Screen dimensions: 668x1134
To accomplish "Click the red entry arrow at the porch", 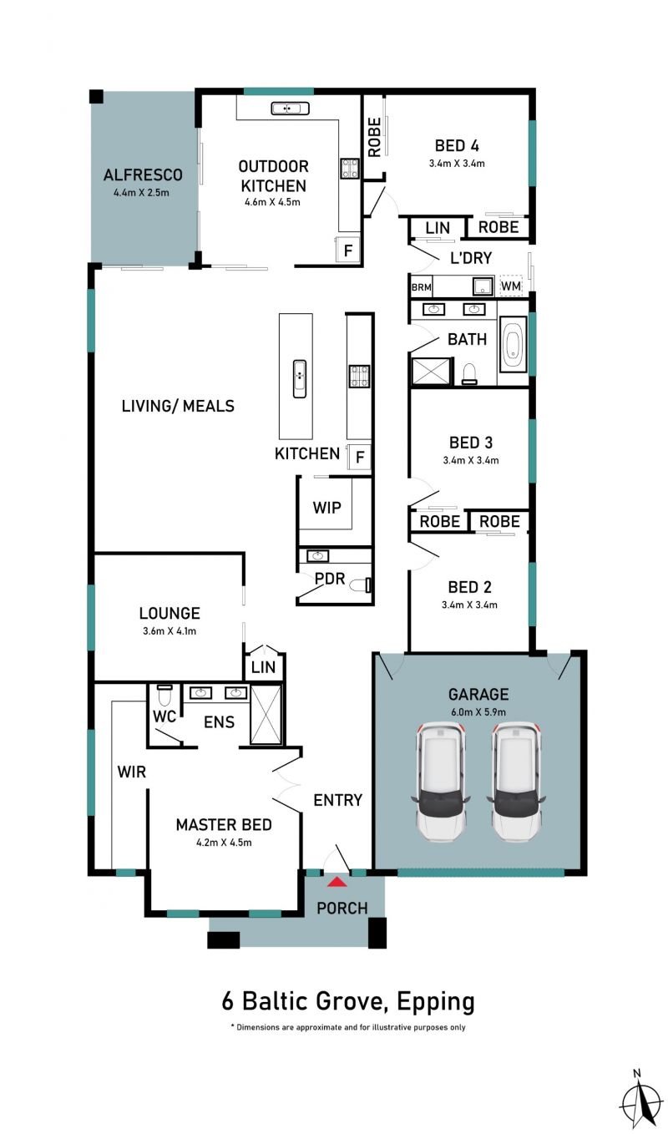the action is point(337,883).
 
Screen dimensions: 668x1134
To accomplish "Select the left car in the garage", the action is point(441,782).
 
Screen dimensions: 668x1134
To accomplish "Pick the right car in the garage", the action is point(516,782).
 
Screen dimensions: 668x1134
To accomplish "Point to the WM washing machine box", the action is point(511,286).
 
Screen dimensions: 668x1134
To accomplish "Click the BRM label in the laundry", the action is point(421,287).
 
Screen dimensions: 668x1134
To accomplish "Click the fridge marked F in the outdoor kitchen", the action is point(347,250).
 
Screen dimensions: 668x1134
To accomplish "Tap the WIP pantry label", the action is point(327,507).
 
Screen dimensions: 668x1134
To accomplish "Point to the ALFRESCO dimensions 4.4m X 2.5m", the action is point(142,193).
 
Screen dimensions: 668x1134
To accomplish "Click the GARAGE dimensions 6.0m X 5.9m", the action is point(478,712).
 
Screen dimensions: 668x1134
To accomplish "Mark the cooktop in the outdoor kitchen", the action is point(350,168).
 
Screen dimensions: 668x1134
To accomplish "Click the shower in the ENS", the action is point(266,715).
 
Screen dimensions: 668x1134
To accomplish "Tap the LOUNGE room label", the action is point(170,614).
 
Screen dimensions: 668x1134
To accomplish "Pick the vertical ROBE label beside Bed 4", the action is point(374,137).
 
